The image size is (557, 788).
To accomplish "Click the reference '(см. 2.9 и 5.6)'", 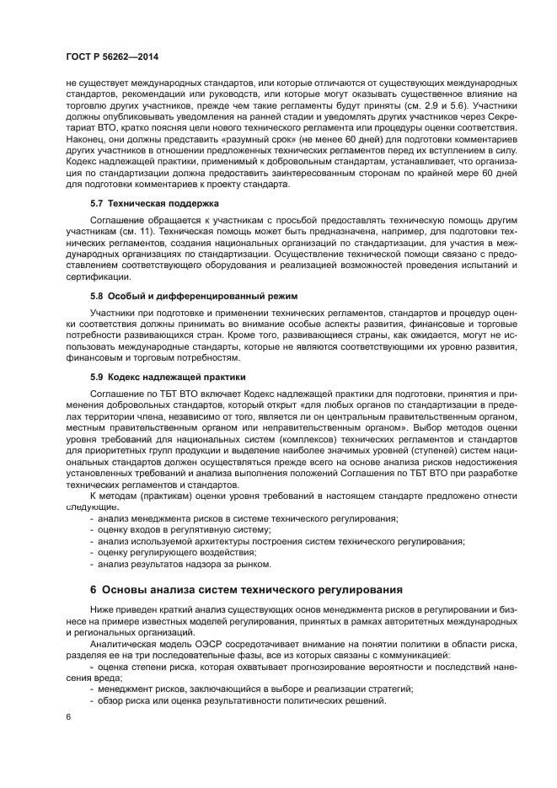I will pyautogui.click(x=436, y=106).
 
